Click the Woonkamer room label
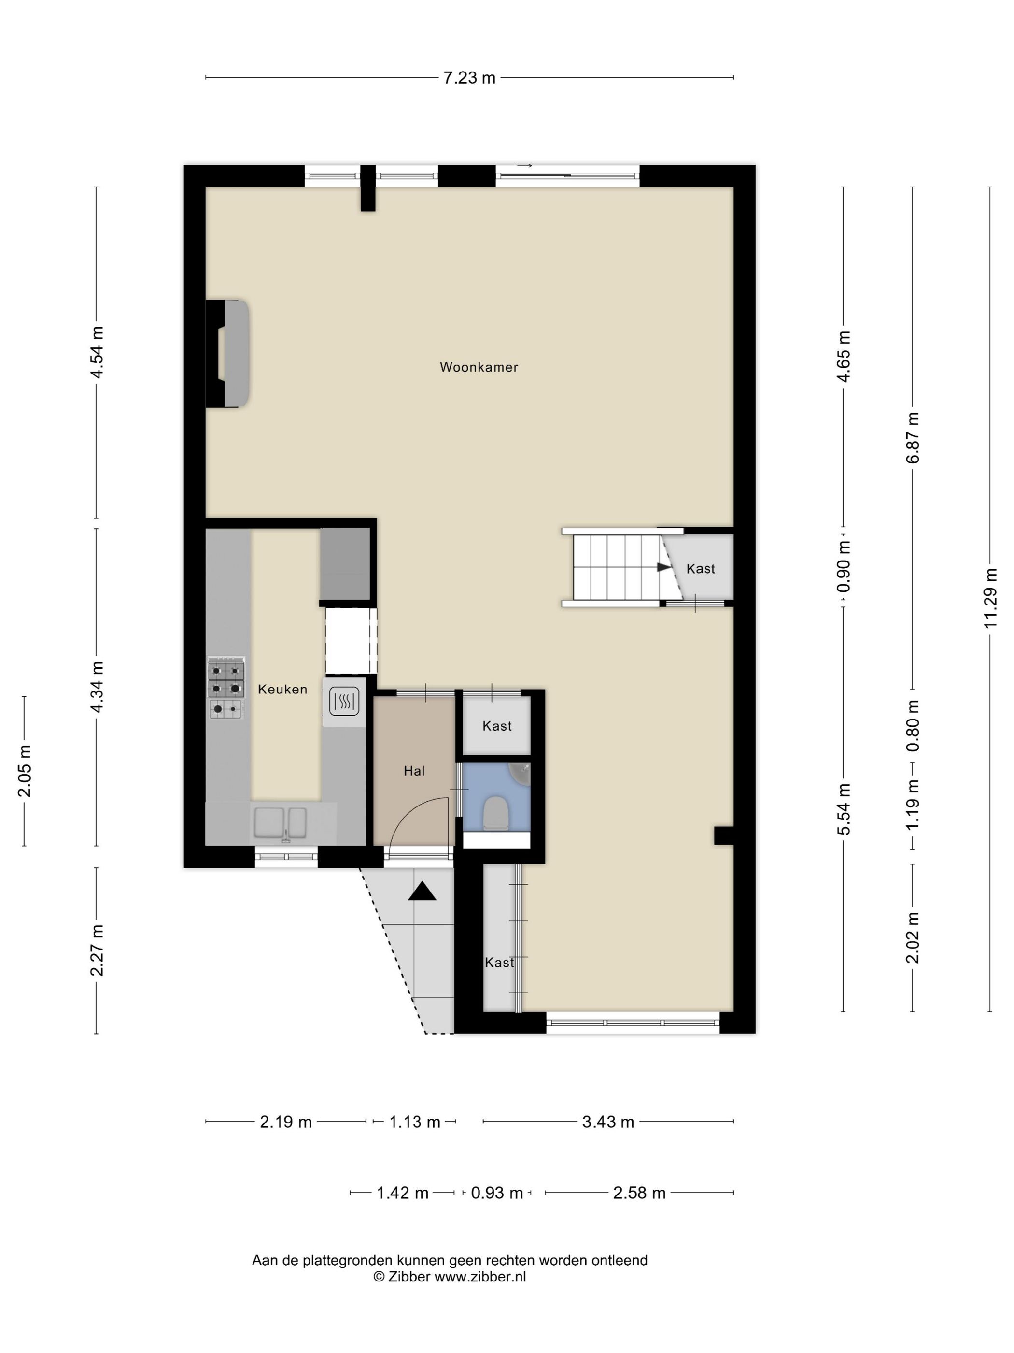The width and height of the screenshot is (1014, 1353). click(x=479, y=367)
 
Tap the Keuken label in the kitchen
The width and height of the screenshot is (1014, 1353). click(x=282, y=690)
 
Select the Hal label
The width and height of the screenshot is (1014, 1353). click(x=414, y=771)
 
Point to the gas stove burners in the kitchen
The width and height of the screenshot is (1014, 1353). click(x=226, y=688)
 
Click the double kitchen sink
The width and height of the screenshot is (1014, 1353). click(x=281, y=823)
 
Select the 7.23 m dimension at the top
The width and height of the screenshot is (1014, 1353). click(x=469, y=78)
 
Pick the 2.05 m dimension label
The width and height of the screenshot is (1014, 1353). click(x=25, y=771)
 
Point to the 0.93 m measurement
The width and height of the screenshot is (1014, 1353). click(x=497, y=1193)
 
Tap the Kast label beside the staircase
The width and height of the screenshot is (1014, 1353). click(x=701, y=569)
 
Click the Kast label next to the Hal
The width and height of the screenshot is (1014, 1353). click(x=497, y=726)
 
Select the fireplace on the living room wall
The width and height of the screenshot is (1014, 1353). click(x=227, y=354)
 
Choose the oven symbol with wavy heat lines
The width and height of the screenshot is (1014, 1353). click(x=344, y=702)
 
